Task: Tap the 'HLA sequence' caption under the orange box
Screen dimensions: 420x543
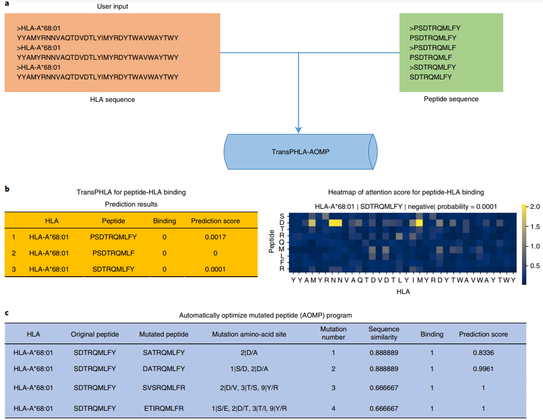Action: coord(112,100)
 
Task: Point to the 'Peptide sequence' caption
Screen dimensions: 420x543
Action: coord(451,99)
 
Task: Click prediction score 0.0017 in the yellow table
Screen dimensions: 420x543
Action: coord(214,236)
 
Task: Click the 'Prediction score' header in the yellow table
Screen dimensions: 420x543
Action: coord(215,220)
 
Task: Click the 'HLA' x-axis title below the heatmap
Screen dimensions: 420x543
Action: coord(404,292)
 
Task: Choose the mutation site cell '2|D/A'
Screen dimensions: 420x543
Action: coord(254,353)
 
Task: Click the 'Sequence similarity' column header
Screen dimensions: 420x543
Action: coord(384,334)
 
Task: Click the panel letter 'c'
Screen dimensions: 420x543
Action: coord(6,314)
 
